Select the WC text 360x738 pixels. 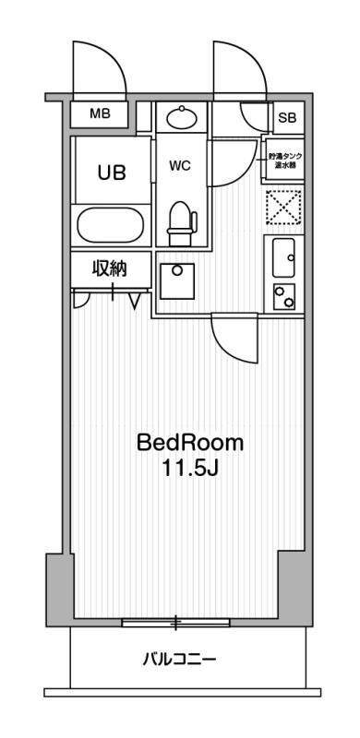179,167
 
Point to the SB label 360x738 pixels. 287,117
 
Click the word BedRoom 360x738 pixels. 190,442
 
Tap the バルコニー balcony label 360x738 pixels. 179,660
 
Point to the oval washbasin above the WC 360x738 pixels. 181,117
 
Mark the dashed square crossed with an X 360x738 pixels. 282,208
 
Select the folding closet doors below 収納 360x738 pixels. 109,297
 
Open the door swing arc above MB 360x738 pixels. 97,69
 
